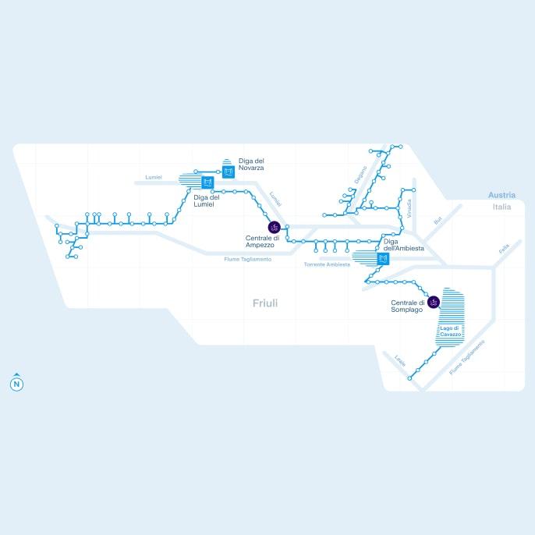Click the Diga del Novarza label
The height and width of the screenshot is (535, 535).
(251, 165)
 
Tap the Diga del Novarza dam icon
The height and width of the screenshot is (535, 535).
(228, 172)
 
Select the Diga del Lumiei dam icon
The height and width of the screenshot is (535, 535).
(207, 183)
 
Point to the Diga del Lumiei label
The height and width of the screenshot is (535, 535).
(207, 200)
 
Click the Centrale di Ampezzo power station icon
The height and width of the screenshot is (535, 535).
(274, 227)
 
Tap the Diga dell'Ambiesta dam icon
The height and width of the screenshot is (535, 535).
(382, 259)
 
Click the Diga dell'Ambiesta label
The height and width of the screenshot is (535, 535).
(404, 245)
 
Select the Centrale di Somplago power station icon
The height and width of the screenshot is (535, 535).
(434, 303)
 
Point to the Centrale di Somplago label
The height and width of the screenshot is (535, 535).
(407, 306)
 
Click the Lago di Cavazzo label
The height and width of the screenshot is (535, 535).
(451, 331)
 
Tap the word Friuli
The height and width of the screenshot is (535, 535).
(265, 303)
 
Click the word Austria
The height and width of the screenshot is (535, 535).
(501, 195)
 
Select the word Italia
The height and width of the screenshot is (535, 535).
(501, 207)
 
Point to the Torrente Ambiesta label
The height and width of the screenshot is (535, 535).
(328, 264)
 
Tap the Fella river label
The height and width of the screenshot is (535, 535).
(504, 248)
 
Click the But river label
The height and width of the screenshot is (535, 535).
(438, 221)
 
